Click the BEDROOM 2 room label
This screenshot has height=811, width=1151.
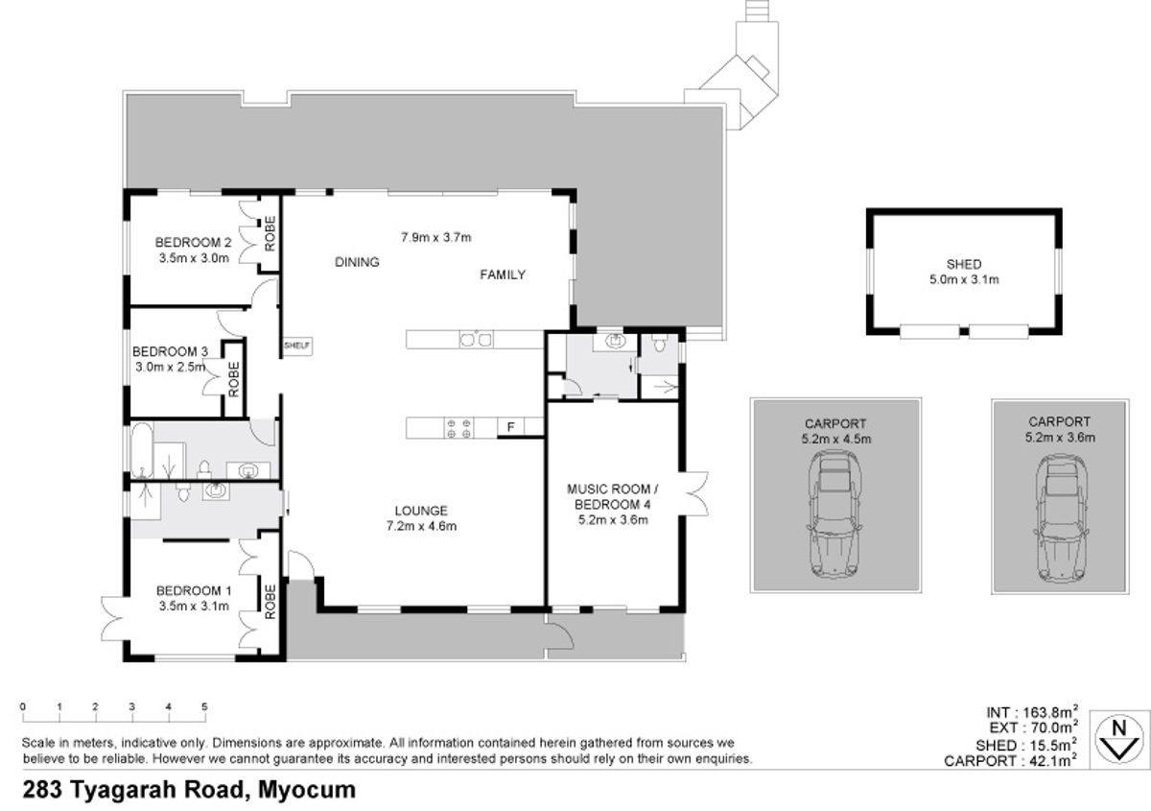(193, 242)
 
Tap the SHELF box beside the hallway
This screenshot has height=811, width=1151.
(297, 346)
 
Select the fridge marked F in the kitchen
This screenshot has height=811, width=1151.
(510, 427)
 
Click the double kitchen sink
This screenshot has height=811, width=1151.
(476, 340)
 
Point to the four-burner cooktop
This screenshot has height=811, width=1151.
(458, 428)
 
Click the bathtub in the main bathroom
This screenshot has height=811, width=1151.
(141, 450)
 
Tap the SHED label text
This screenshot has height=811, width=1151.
(964, 264)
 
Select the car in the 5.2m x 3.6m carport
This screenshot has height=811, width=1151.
(1060, 518)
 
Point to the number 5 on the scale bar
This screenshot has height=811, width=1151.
(204, 706)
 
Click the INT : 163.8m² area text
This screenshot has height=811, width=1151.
(1031, 712)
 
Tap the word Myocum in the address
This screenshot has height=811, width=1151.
(307, 789)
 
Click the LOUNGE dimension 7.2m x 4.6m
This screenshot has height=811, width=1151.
(421, 526)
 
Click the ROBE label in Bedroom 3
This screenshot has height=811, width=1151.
(234, 379)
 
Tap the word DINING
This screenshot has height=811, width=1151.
(357, 262)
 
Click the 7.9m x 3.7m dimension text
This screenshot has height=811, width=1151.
(435, 238)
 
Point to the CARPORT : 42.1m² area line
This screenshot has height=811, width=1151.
(1010, 760)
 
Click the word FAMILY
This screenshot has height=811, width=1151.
(503, 274)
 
